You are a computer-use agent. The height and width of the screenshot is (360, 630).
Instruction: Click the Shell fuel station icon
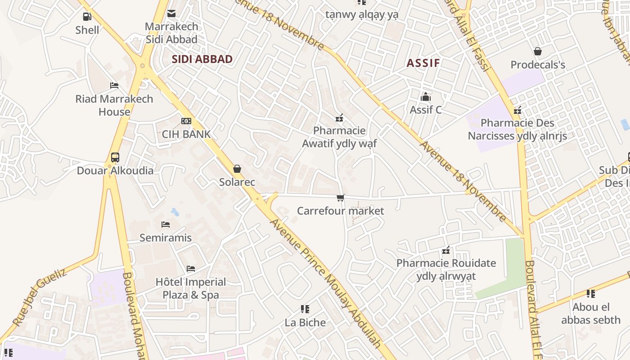87,17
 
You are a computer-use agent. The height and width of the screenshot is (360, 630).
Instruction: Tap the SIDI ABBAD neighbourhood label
202,59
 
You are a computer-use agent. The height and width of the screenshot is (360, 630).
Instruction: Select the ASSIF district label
423,63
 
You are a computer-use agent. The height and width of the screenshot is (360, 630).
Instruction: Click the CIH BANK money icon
186,121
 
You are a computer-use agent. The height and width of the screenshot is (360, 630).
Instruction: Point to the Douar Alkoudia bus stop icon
115,157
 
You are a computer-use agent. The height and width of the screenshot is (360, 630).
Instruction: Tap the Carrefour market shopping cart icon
341,198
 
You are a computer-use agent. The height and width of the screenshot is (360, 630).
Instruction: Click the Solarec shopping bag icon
237,169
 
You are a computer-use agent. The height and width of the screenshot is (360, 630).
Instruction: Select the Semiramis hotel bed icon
166,224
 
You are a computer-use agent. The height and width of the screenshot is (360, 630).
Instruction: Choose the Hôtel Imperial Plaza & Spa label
191,288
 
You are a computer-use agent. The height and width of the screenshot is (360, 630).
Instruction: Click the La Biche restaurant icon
305,309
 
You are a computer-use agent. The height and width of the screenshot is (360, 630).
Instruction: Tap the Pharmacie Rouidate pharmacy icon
446,250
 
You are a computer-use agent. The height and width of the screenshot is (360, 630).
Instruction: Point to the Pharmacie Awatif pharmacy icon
339,118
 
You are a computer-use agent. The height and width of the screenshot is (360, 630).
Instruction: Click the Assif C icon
425,97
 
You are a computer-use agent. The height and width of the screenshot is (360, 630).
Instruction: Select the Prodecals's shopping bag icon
537,51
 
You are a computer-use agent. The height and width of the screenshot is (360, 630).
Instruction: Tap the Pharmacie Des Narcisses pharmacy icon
517,110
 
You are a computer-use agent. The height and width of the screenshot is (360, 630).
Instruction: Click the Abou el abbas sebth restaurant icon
591,294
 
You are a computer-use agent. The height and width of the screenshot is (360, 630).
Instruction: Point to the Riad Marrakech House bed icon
114,85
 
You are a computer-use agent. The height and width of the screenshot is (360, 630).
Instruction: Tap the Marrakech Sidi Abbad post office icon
171,13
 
